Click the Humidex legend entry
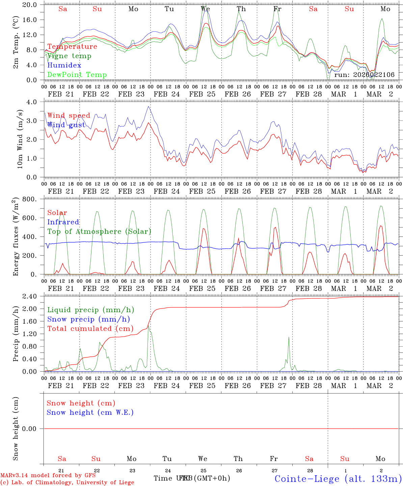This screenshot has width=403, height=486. click(64, 65)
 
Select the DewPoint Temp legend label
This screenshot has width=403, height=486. click(77, 75)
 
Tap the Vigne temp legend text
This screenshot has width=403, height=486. click(69, 56)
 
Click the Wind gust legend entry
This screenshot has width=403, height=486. click(66, 125)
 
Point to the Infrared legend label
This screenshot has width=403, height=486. click(63, 222)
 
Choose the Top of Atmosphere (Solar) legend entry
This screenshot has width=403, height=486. click(99, 232)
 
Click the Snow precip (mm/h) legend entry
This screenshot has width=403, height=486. click(88, 319)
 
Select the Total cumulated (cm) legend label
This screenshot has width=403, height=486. click(90, 329)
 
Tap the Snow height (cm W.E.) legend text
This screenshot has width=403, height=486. click(90, 412)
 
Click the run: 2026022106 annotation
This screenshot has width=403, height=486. click(364, 75)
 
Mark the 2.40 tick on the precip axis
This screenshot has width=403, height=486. click(29, 296)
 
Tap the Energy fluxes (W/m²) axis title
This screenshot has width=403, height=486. click(16, 237)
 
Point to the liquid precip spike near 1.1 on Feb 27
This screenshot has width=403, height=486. click(289, 337)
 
